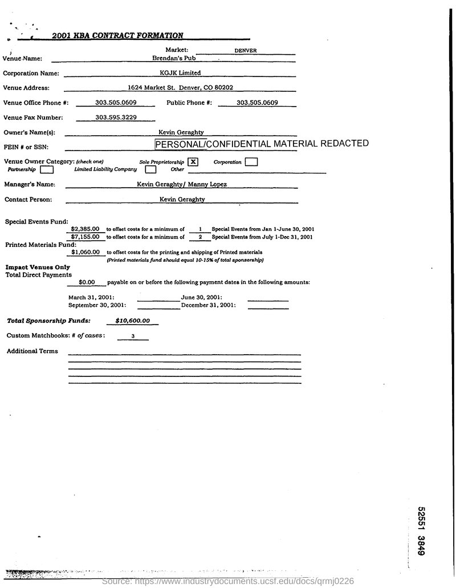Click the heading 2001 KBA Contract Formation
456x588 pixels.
[117, 35]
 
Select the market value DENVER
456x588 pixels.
[245, 50]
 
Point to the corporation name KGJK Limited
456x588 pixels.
[180, 72]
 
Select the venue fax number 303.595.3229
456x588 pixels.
[116, 117]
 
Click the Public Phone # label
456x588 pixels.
[189, 103]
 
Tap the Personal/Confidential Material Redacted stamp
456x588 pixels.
[262, 144]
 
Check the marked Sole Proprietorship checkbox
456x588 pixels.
[194, 161]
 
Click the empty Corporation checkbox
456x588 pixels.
[251, 162]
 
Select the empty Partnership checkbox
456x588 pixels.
[47, 169]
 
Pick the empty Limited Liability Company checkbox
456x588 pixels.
[150, 169]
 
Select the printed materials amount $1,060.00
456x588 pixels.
[86, 252]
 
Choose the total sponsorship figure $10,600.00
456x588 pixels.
[132, 321]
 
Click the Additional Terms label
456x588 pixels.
[32, 351]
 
